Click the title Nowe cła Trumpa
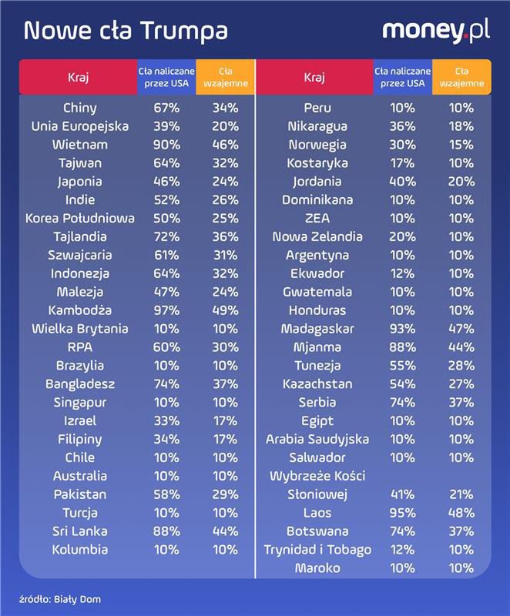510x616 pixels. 126,31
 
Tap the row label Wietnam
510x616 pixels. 80,145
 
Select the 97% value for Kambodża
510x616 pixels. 166,310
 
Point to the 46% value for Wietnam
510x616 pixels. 224,145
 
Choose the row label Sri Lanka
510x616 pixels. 80,531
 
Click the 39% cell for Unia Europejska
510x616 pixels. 166,126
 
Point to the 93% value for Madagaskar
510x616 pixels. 403,329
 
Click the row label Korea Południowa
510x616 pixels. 80,219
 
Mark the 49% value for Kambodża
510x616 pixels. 224,310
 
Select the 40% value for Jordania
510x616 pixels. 403,182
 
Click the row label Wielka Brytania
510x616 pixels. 80,329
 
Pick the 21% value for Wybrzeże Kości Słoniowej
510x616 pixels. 461,494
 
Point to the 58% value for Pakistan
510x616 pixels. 166,494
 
